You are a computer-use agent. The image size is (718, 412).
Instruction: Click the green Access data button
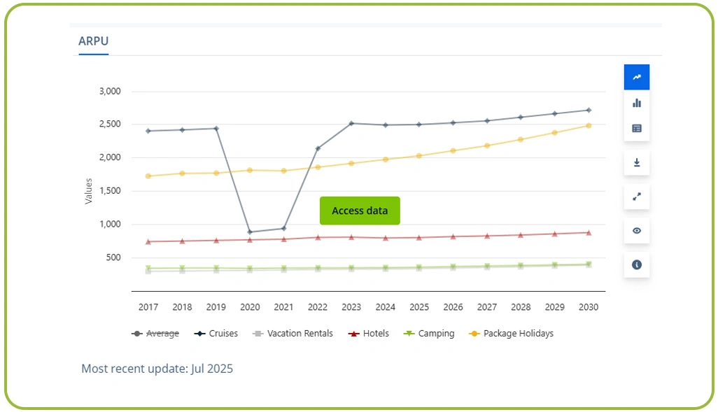pos(360,211)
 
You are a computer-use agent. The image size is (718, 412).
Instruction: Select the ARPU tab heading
pos(93,41)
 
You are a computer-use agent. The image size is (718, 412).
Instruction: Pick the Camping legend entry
pos(429,334)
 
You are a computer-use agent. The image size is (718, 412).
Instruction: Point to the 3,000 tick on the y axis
pos(109,91)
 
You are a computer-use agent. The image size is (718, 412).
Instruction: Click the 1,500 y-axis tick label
pos(109,191)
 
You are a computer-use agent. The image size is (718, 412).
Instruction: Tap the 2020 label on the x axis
pos(250,307)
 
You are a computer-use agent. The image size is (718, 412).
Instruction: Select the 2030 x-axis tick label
pos(589,307)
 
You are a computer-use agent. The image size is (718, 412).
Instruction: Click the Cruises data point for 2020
pos(250,232)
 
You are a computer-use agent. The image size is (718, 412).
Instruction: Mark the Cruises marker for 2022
pos(318,148)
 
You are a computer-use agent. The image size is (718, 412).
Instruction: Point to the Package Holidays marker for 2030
pos(589,126)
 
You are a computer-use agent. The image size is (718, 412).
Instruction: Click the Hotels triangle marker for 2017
pos(148,241)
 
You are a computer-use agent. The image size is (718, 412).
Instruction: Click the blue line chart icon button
pos(637,77)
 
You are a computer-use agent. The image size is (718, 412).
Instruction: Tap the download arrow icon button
pos(637,162)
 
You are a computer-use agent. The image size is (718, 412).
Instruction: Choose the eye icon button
pos(637,231)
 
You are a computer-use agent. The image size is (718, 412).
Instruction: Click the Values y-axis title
pos(88,191)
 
